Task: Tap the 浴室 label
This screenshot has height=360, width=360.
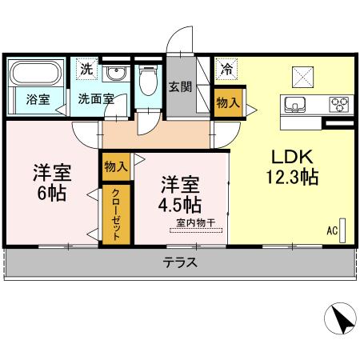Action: (37, 100)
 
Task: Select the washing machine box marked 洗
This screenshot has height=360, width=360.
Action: (85, 69)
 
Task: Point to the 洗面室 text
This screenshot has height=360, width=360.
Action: (96, 100)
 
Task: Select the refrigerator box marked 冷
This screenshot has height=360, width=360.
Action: (227, 69)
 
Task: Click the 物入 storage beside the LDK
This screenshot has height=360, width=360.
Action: (226, 102)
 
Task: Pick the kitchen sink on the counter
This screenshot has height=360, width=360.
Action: (293, 105)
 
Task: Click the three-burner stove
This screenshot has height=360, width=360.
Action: (339, 105)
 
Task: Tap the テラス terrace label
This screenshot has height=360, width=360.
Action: (180, 262)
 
